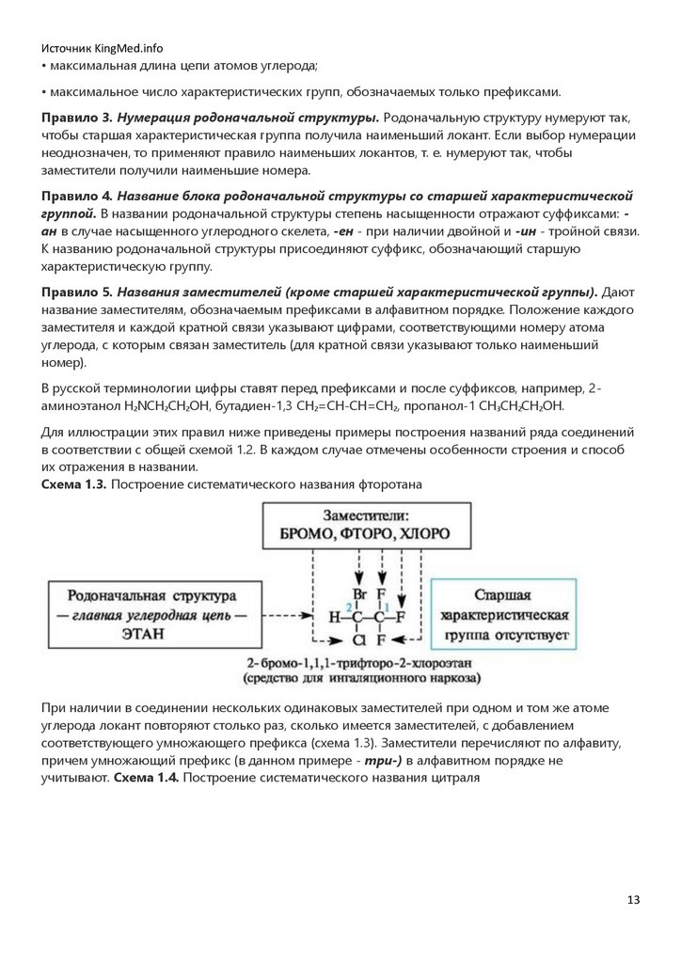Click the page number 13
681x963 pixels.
[633, 900]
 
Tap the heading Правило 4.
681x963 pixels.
[77, 196]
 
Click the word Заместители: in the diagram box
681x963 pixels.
[365, 515]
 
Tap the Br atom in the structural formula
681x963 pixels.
[358, 594]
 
